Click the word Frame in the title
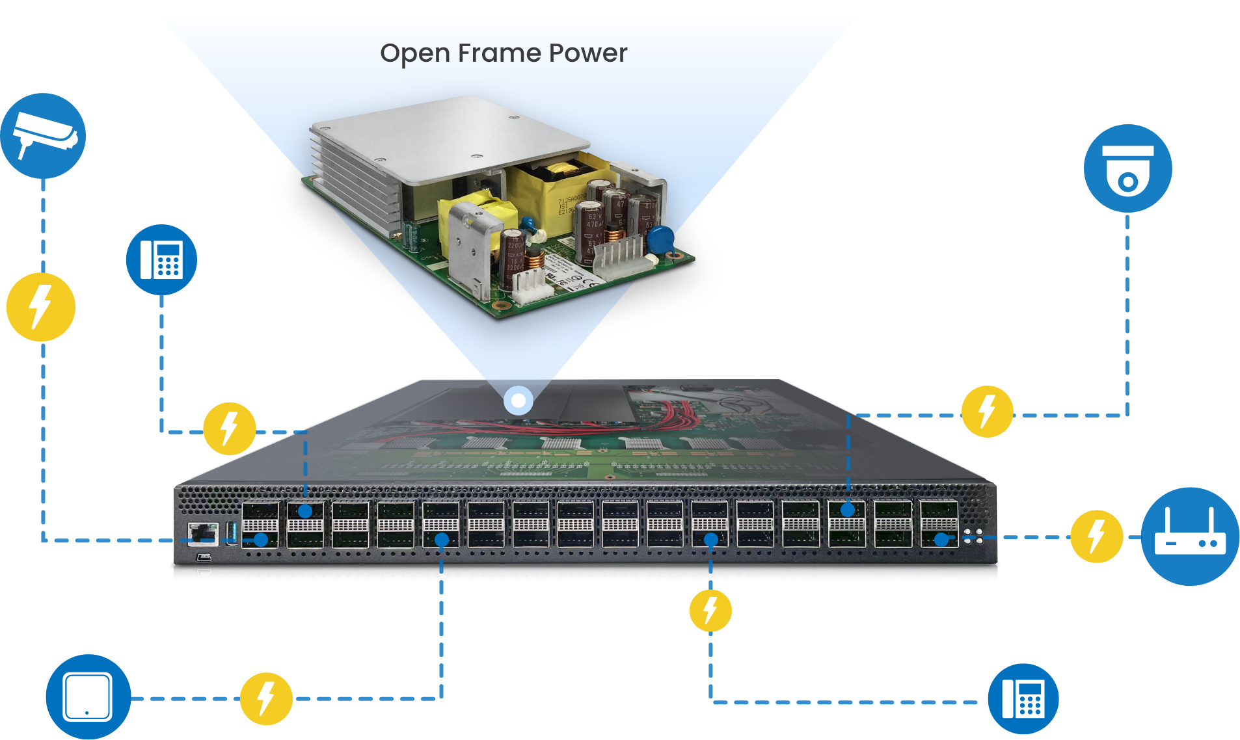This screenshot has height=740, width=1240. point(499,53)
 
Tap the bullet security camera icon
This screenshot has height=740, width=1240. point(43,135)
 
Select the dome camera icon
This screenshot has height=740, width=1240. point(1127,168)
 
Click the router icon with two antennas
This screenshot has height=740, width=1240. point(1190,536)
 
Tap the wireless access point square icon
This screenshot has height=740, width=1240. point(88,697)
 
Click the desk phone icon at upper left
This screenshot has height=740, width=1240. point(161,260)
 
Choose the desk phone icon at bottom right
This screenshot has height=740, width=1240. point(1023,699)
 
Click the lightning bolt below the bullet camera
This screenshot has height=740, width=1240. point(40,307)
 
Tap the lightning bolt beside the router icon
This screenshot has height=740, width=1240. point(1096,536)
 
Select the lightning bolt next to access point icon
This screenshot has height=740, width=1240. point(266,698)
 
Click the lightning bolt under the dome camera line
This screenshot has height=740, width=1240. point(987,412)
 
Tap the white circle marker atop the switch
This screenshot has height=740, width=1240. point(519,400)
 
